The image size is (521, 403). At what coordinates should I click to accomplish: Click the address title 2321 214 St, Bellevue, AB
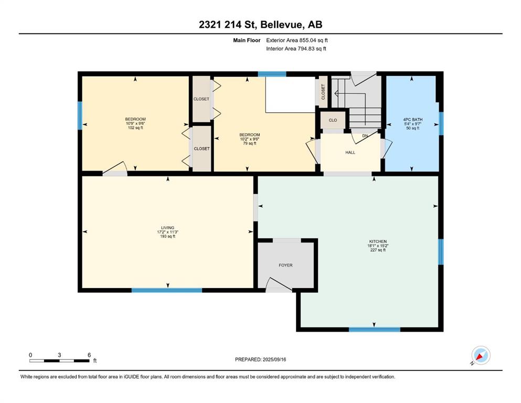[260, 25]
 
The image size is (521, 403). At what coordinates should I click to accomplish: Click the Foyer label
[285, 265]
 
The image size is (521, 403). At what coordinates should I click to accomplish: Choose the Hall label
[350, 153]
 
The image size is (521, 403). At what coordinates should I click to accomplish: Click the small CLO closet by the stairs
[333, 120]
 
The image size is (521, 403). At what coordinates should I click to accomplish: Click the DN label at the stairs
[365, 136]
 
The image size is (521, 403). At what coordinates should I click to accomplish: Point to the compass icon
[481, 355]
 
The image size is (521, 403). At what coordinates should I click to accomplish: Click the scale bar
[59, 360]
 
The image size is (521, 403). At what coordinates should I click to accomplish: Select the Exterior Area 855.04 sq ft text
[297, 40]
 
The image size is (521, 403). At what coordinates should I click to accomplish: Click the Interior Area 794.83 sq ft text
[296, 48]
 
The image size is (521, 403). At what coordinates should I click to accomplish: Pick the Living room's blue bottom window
[167, 290]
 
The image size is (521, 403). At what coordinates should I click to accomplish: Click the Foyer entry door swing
[279, 284]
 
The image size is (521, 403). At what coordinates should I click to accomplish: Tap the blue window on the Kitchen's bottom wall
[375, 330]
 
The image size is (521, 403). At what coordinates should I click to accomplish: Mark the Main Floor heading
[247, 40]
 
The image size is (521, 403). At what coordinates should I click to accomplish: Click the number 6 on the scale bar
[89, 355]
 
